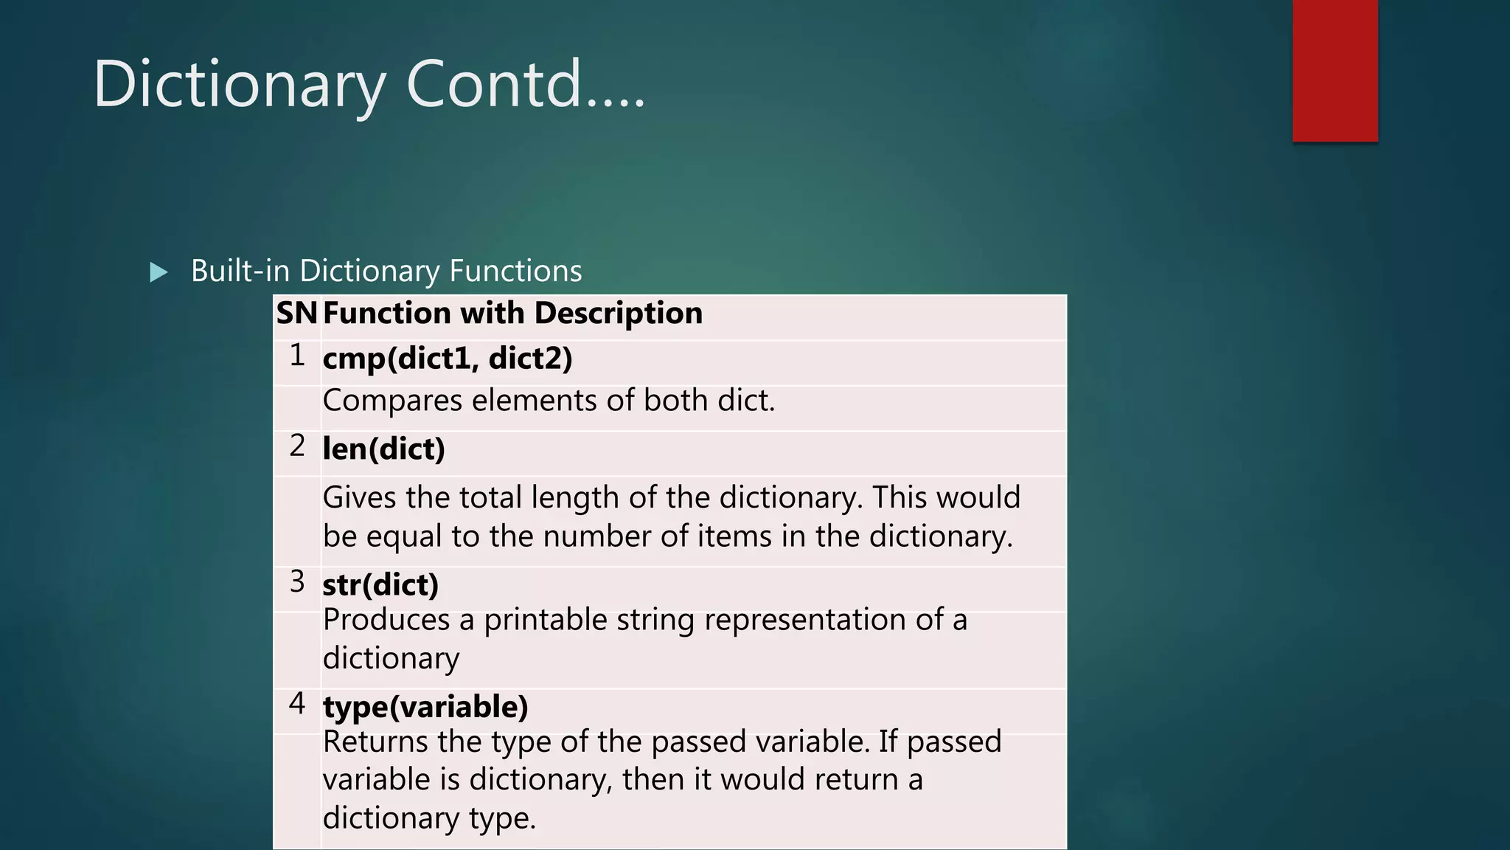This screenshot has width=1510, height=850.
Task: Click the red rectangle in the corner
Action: tap(1335, 71)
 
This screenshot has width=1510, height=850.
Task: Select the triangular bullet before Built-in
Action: tap(158, 272)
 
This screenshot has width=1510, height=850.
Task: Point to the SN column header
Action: tap(296, 314)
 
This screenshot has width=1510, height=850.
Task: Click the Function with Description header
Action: tap(512, 314)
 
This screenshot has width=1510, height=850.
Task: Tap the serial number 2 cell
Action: tap(297, 446)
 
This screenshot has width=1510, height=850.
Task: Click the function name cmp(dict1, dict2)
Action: tap(448, 359)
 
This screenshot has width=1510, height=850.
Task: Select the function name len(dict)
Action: tap(383, 449)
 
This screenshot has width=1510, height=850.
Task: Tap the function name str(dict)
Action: tap(380, 584)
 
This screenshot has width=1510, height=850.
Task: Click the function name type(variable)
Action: tap(425, 707)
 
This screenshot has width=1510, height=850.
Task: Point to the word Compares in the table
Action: tap(392, 401)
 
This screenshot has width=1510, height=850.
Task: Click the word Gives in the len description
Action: tap(359, 497)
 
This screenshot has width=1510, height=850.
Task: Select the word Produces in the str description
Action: tap(386, 620)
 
